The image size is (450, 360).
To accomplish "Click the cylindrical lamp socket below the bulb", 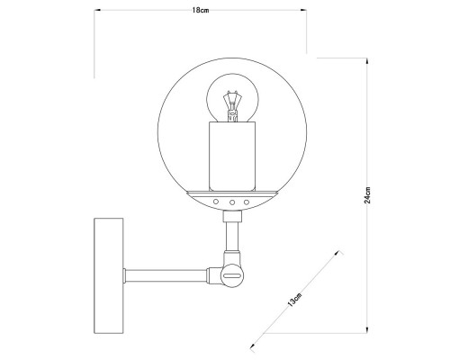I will tap(232, 155).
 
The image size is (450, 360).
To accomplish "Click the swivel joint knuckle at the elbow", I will tap(230, 271).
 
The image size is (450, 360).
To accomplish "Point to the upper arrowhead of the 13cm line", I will tap(339, 254).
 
